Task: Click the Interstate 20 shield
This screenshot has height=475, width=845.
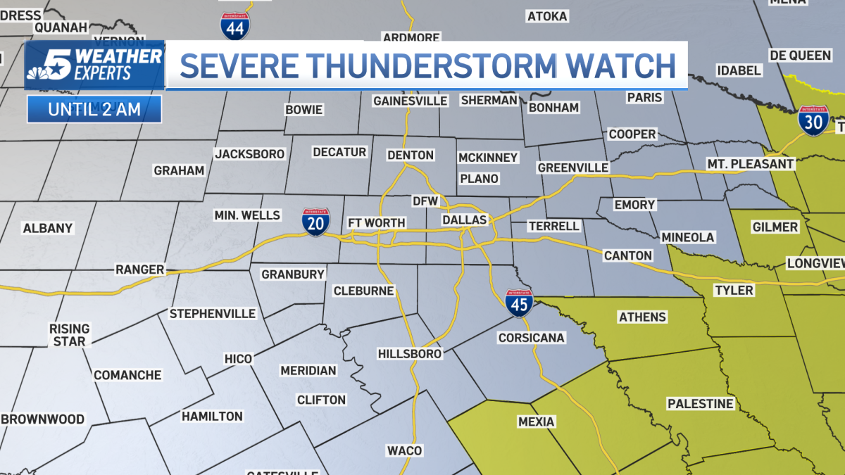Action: coord(315,222)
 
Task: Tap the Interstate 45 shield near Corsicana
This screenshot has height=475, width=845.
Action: coord(518,301)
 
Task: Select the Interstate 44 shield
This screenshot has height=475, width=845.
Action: coord(234,25)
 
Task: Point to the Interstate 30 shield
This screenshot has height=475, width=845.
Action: coord(813,120)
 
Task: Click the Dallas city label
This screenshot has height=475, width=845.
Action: coord(465,220)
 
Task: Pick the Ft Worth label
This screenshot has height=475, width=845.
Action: coord(377,223)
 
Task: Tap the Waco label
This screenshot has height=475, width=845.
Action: coord(404,450)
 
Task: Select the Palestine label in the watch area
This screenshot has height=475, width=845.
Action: coord(701,404)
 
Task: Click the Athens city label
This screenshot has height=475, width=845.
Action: coord(642,317)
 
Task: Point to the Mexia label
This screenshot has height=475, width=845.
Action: coord(536,422)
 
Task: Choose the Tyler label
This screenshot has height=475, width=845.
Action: coord(734,290)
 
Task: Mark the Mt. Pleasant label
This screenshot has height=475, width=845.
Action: coord(751,164)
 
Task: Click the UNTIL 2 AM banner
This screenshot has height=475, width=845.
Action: coord(94,109)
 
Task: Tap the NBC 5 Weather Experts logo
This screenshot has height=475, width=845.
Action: coord(94,65)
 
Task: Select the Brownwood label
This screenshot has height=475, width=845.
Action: coord(43,419)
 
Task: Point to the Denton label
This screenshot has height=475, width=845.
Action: coord(411,155)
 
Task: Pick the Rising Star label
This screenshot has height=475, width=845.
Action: coord(69,335)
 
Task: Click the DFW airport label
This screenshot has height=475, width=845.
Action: coord(425,201)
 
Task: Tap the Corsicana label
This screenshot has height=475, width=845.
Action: coord(531,338)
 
